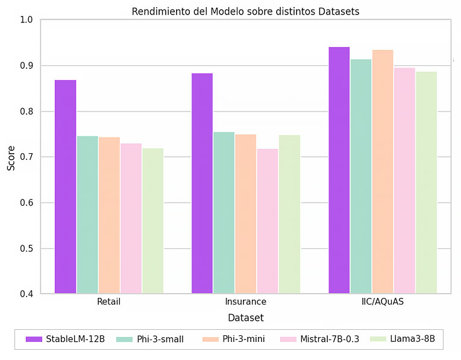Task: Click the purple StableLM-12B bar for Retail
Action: click(66, 186)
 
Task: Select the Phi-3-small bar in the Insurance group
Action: click(224, 213)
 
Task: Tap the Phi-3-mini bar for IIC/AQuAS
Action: click(383, 171)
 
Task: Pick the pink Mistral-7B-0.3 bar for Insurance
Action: click(268, 221)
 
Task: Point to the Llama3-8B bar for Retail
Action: click(153, 221)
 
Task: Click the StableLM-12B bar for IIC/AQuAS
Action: click(339, 170)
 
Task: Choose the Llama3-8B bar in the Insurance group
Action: click(290, 214)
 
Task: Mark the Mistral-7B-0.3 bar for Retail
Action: click(131, 218)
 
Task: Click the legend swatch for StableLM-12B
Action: click(34, 339)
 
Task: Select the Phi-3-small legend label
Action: click(160, 339)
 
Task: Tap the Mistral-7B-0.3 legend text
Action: click(330, 339)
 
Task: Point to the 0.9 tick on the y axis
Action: click(26, 66)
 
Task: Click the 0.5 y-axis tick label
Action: click(26, 248)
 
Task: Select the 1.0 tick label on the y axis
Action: click(26, 20)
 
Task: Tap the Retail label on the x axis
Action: click(109, 302)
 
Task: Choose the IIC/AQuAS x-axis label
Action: click(383, 302)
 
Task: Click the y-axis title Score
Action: click(11, 158)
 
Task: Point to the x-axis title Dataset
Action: click(246, 318)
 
